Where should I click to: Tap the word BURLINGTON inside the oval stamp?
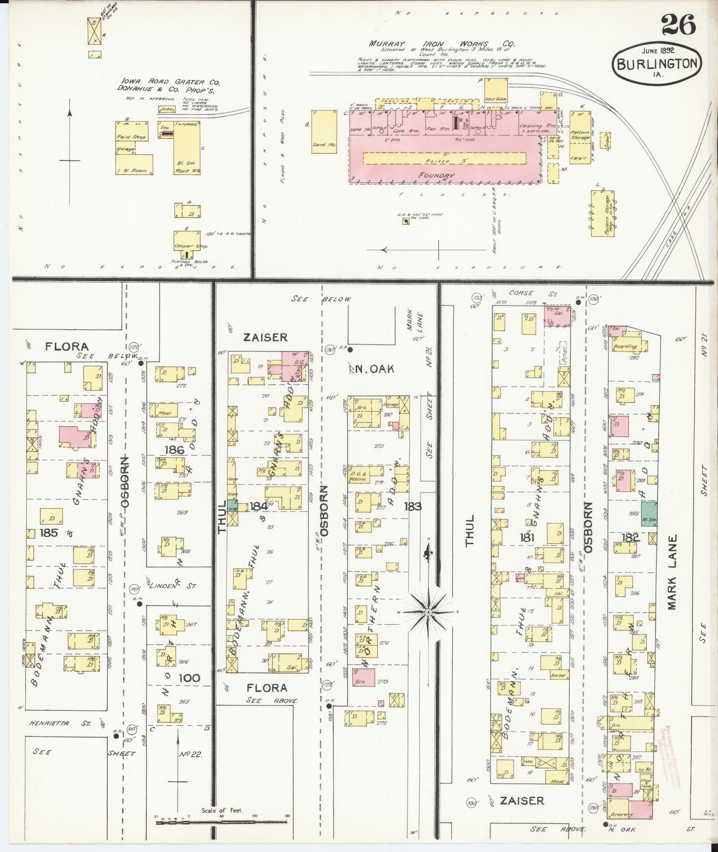[x=657, y=64]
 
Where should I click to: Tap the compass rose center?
[x=428, y=612]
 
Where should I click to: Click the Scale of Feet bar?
[x=222, y=822]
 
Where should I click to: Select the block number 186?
[x=174, y=450]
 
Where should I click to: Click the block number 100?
[x=189, y=678]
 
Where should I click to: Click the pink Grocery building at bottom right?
[x=640, y=809]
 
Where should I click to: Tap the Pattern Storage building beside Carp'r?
[x=579, y=130]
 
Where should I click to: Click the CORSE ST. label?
[x=521, y=293]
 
